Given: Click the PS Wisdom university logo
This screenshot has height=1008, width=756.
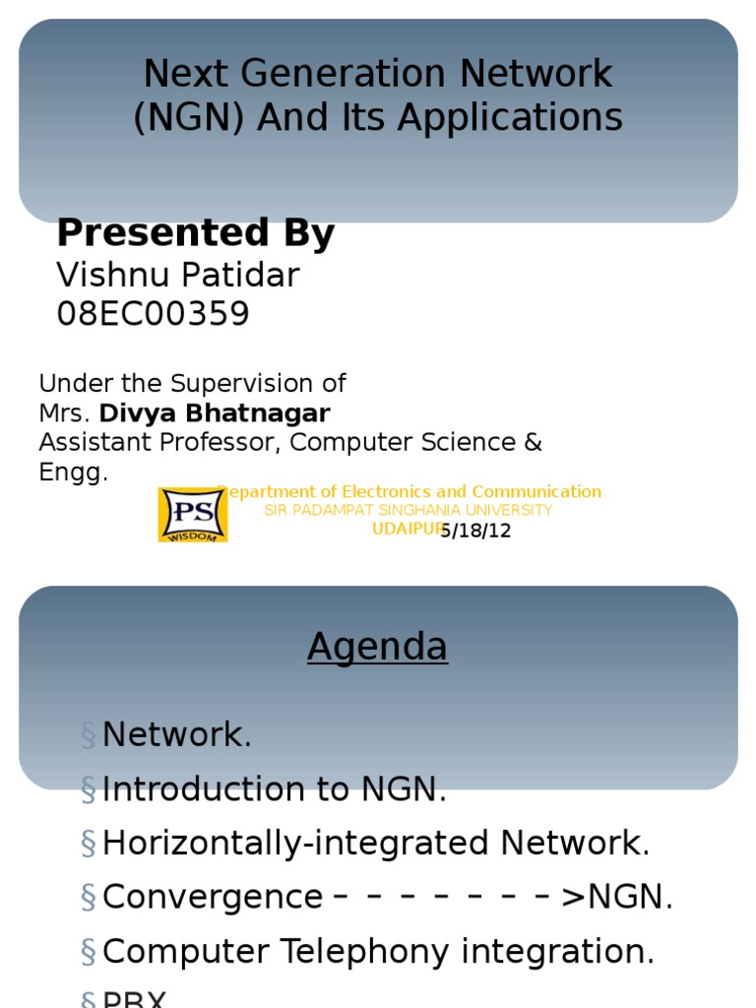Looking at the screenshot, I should tap(193, 514).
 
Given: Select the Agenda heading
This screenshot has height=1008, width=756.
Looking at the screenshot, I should tap(377, 647).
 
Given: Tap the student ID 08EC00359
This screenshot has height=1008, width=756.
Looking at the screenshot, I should tap(153, 314).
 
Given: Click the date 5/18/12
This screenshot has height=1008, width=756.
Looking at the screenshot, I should tap(476, 531).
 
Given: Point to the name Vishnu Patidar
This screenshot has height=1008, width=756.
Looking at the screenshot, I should tap(177, 275).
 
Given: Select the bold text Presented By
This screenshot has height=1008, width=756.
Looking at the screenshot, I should tap(195, 233).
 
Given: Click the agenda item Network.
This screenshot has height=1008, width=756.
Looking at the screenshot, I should tap(176, 734).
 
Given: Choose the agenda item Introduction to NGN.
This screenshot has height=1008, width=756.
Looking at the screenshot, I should tap(274, 788).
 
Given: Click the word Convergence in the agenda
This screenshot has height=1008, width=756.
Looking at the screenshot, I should tap(212, 897).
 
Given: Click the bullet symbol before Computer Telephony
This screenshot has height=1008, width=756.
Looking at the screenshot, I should tap(89, 952).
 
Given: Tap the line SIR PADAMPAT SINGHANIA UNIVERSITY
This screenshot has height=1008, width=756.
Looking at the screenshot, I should tap(408, 510).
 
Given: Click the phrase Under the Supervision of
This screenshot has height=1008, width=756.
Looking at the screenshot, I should tap(192, 383).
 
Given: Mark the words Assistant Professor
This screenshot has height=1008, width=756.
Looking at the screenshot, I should tap(159, 442).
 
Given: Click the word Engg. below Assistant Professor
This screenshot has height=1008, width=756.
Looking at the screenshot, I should tap(73, 472).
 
